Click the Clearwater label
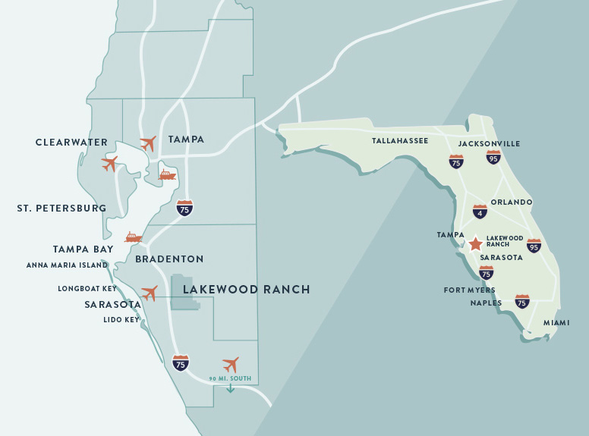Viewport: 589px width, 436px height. [x=71, y=143]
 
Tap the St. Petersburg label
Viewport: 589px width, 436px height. [x=61, y=209]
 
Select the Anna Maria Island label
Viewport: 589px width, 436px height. [x=67, y=265]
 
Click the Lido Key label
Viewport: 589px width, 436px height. [x=121, y=320]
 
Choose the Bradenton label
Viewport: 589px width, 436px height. [x=169, y=259]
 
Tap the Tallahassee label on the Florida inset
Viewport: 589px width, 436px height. [x=400, y=141]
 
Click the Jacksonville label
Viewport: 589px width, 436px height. [x=489, y=143]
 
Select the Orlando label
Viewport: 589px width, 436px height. [x=512, y=202]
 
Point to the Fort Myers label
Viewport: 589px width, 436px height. [x=469, y=290]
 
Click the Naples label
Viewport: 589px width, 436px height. [x=486, y=303]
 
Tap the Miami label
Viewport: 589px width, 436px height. [x=556, y=323]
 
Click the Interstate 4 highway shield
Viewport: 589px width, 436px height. [x=480, y=212]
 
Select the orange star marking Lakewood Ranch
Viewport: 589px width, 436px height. [x=475, y=244]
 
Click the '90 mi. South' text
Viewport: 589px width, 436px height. [x=229, y=378]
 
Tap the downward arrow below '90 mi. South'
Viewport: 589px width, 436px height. [x=230, y=388]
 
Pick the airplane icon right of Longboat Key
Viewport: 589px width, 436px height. [x=150, y=293]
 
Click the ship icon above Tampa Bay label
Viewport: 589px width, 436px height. [x=134, y=237]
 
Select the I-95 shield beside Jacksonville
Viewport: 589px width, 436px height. [x=493, y=158]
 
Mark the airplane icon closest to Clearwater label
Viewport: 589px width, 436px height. [x=110, y=163]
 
